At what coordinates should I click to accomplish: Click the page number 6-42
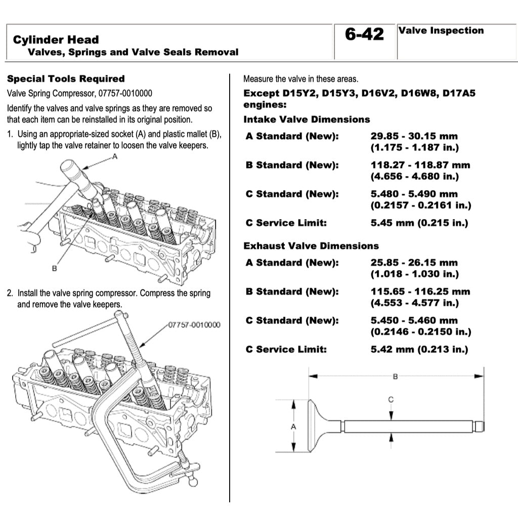364,34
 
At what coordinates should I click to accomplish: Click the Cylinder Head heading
56,39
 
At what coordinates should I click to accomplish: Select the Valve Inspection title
441,30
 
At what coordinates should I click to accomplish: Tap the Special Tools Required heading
66,79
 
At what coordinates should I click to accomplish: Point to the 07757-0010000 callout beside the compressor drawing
194,324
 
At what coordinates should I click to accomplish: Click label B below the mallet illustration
54,268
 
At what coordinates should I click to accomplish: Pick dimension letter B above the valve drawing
396,376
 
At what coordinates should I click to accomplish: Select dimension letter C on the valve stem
391,400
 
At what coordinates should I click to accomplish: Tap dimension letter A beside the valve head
293,426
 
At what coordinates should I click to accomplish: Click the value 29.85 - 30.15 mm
414,137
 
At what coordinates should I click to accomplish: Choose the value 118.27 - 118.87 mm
420,165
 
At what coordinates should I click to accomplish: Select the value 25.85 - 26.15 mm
414,263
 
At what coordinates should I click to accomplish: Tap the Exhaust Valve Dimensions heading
311,246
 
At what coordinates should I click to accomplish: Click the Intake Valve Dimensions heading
307,119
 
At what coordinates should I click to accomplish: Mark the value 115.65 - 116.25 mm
420,292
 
